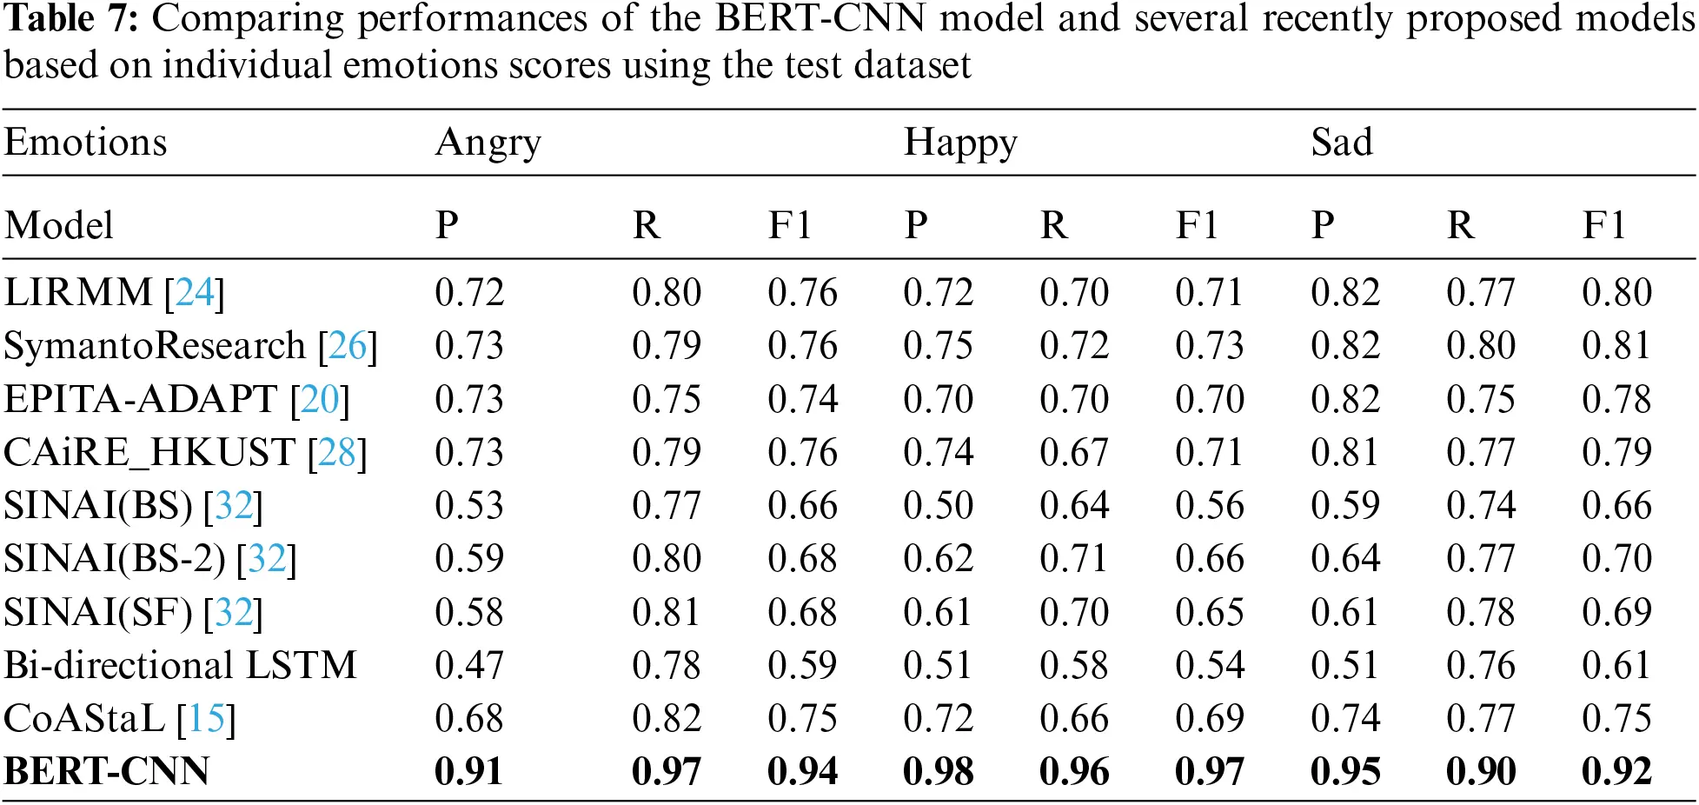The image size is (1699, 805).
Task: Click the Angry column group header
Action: click(x=488, y=143)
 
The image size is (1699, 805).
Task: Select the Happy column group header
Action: click(x=959, y=143)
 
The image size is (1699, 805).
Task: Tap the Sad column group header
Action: click(x=1341, y=143)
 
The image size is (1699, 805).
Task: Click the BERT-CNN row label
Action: click(x=106, y=771)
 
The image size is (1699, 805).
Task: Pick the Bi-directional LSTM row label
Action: click(x=180, y=665)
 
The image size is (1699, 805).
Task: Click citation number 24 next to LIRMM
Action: click(x=195, y=293)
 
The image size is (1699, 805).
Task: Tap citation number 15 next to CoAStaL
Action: click(x=206, y=719)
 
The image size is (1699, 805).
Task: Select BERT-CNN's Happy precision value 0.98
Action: click(x=938, y=771)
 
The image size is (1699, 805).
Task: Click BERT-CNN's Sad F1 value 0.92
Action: click(x=1616, y=771)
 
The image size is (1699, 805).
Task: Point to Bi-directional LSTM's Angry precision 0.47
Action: click(x=468, y=665)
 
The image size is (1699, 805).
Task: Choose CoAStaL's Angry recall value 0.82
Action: click(x=666, y=719)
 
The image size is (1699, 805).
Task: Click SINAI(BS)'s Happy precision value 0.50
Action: click(x=938, y=506)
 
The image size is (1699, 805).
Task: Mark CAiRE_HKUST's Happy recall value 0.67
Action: click(x=1073, y=452)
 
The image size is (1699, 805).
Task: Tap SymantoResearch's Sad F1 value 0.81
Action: click(x=1616, y=346)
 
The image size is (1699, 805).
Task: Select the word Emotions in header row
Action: click(x=85, y=143)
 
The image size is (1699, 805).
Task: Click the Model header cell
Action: click(x=58, y=225)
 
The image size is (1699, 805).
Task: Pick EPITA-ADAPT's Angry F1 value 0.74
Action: click(x=802, y=399)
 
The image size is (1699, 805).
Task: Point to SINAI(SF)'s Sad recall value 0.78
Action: click(x=1480, y=612)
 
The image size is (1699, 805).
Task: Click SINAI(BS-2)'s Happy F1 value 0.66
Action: click(x=1209, y=559)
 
